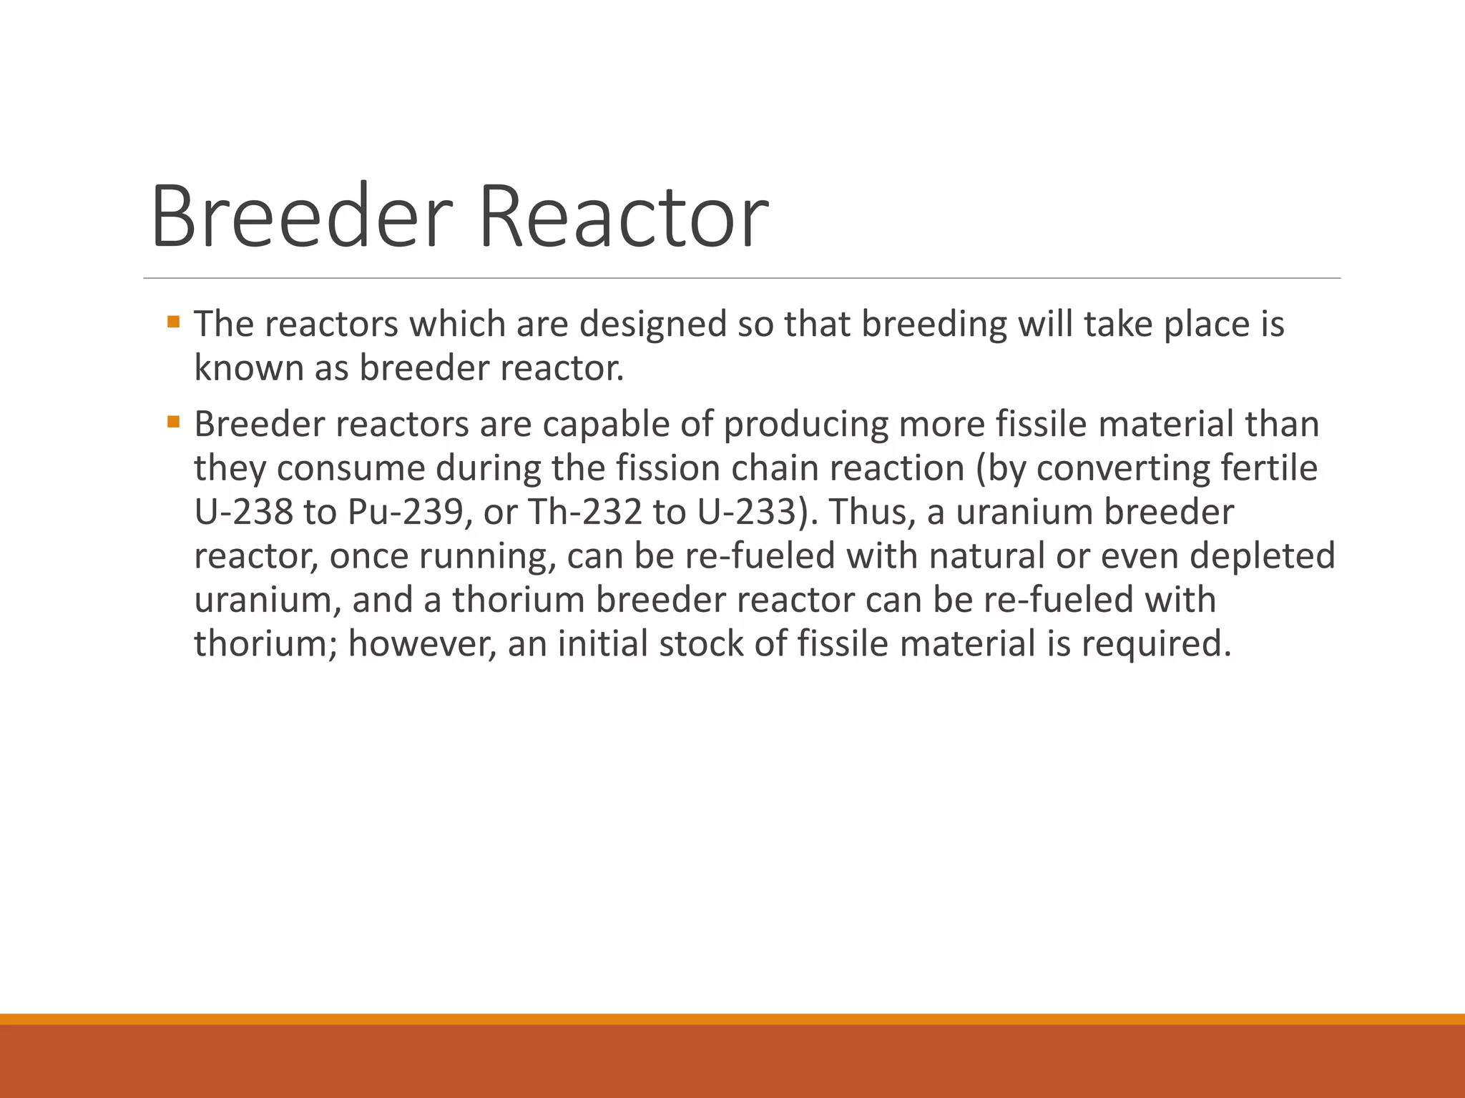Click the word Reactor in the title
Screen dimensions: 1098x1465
click(623, 216)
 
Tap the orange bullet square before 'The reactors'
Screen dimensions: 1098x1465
click(173, 322)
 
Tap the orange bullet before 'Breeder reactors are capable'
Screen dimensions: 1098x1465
click(173, 422)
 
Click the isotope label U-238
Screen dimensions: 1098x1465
click(243, 512)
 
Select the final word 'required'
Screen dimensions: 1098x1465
click(1156, 643)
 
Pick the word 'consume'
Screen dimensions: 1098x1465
click(351, 468)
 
